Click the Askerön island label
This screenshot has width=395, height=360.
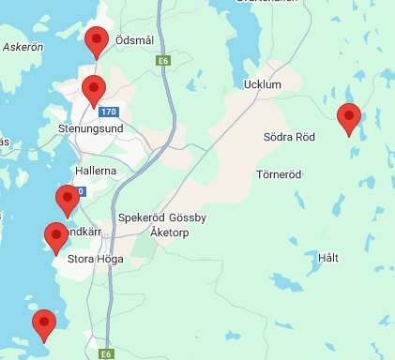coord(23,46)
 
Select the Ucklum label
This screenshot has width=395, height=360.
coord(262,85)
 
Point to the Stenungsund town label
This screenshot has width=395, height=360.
coord(90,127)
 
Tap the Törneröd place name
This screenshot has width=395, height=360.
coord(279,174)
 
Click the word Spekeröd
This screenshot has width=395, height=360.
coord(143,217)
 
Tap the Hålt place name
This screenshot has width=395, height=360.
coord(328,258)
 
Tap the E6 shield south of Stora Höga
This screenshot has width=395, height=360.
coord(107,354)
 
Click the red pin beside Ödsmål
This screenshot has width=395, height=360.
coord(95,41)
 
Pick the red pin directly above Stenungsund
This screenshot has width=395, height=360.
coord(93,90)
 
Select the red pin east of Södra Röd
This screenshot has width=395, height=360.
coord(349,118)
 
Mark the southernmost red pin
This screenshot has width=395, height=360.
coord(43,324)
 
